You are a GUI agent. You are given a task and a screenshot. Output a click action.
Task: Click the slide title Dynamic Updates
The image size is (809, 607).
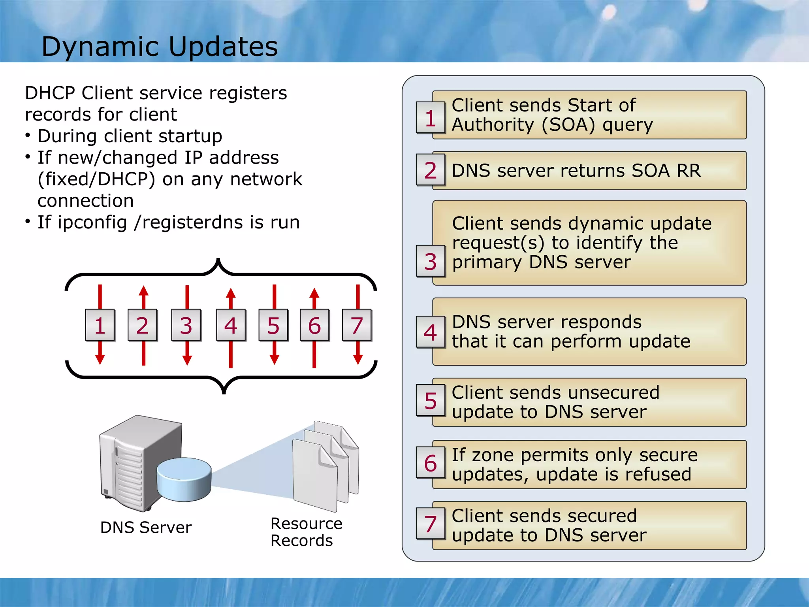(x=160, y=47)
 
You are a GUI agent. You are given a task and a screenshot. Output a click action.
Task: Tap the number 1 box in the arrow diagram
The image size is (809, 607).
(x=100, y=325)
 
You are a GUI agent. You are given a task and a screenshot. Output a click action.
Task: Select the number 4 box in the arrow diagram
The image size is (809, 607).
(x=231, y=325)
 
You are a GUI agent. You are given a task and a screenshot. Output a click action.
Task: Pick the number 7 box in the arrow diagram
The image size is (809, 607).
(x=357, y=325)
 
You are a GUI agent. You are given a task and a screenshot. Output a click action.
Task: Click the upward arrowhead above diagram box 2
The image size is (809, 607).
(x=144, y=292)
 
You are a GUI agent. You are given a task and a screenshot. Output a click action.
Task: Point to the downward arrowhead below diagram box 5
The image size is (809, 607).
(x=275, y=359)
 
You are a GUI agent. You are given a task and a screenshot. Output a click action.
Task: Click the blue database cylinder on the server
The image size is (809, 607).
(x=184, y=479)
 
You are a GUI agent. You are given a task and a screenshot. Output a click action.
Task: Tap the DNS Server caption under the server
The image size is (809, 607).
(x=146, y=528)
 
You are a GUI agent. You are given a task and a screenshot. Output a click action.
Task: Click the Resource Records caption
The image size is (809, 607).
(x=306, y=532)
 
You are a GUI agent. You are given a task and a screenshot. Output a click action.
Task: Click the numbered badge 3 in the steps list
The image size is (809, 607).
(x=431, y=261)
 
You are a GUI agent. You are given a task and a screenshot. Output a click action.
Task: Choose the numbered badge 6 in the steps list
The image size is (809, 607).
(x=431, y=463)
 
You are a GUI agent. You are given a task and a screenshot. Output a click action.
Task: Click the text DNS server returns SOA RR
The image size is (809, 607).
(x=576, y=171)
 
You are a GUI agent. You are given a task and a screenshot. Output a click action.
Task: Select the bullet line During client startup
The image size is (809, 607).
(x=130, y=136)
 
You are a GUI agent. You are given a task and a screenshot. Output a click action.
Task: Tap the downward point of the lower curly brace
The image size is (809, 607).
(x=224, y=392)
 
